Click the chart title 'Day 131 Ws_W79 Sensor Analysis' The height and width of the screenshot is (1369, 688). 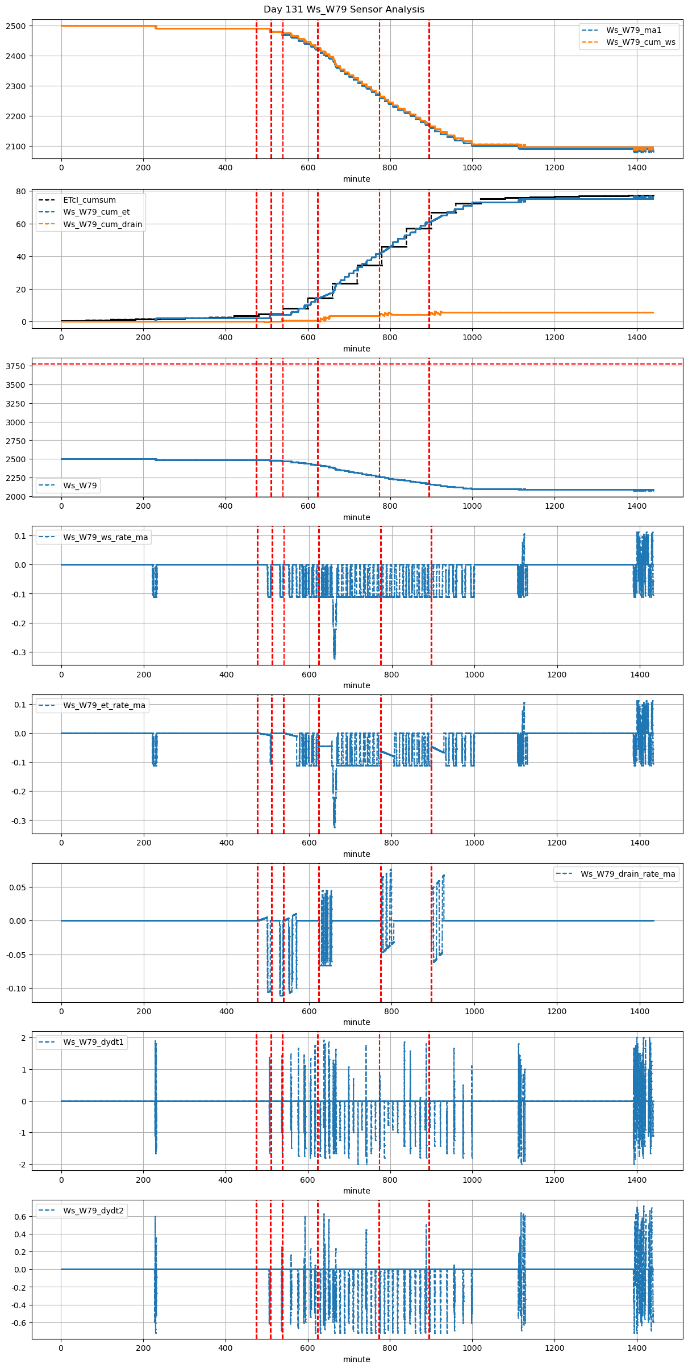pos(344,10)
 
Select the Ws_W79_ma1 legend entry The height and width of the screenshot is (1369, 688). pos(633,30)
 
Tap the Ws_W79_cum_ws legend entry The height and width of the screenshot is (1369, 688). pos(640,43)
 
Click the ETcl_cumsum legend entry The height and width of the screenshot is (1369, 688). pos(89,200)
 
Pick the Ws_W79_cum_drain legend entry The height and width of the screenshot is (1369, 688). pos(102,224)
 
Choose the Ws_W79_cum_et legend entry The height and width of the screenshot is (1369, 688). pos(96,212)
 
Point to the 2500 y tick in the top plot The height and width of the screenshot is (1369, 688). pos(15,26)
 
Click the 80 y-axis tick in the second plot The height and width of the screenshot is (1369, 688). pos(21,191)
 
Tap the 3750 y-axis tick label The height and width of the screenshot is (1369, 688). pos(15,366)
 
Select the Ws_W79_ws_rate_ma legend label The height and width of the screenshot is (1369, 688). pos(105,537)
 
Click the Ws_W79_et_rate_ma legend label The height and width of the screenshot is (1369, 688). pos(104,705)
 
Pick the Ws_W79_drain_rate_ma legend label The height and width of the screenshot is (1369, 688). pos(628,874)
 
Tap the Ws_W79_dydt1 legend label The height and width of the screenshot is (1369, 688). pos(93,1042)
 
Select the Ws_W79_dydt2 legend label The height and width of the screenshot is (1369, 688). pos(93,1211)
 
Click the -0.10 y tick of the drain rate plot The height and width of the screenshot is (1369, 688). pos(16,989)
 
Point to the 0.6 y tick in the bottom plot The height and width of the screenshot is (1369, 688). pos(19,1217)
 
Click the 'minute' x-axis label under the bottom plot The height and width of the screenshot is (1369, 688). pos(356,1359)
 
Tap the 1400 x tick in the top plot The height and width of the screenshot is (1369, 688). pos(637,168)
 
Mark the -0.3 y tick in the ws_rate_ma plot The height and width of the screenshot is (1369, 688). pos(19,652)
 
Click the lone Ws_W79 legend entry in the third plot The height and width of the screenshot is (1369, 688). pos(80,485)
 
